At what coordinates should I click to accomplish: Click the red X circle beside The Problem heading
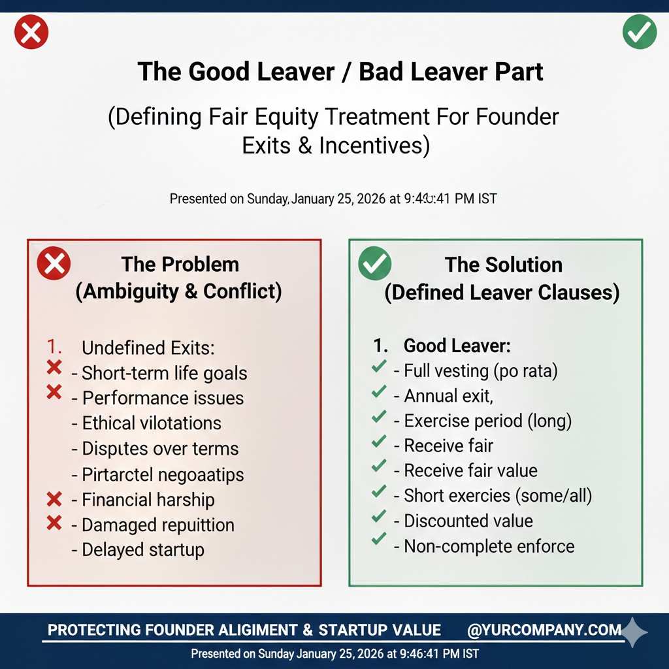point(54,265)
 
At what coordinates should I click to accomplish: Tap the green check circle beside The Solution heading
point(376,265)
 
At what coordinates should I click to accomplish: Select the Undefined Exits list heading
point(148,348)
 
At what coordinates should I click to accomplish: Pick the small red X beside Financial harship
point(55,500)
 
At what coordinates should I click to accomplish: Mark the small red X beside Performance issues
point(55,392)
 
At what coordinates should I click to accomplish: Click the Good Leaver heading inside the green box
point(448,346)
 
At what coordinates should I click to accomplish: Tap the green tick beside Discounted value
point(378,516)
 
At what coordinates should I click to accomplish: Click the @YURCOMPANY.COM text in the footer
point(544,630)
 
